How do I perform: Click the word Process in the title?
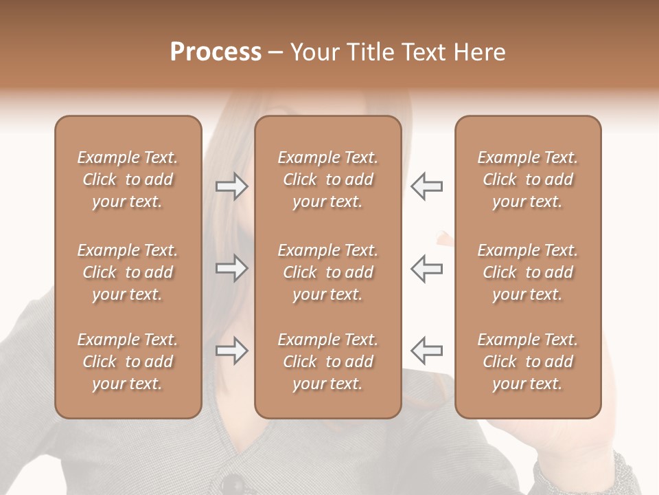pos(216,52)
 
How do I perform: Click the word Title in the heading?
pos(371,52)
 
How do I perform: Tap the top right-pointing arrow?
pos(232,186)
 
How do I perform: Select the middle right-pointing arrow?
pos(232,268)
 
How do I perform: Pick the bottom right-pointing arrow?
pos(232,351)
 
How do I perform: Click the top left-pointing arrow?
pos(426,186)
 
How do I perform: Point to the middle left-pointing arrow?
pos(426,268)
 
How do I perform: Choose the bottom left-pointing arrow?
pos(426,351)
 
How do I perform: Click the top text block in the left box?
pos(128,179)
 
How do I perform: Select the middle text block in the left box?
pos(128,272)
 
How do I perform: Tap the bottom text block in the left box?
pos(128,362)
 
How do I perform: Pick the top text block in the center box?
pos(327,179)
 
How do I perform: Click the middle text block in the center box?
pos(327,272)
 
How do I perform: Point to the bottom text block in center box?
pos(327,362)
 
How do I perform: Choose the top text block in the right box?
pos(528,179)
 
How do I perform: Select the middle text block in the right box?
pos(528,272)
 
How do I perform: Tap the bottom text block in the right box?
pos(528,362)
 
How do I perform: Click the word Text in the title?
pos(417,52)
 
